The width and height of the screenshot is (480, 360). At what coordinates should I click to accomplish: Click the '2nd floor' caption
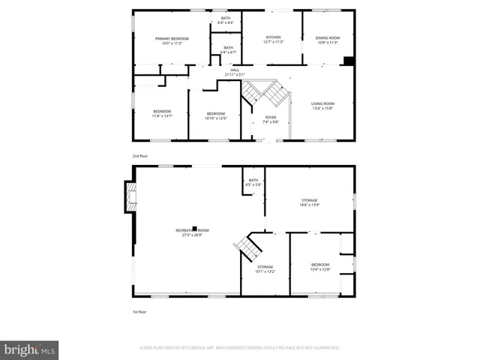(140, 156)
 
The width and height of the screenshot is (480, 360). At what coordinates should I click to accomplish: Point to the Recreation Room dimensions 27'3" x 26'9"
(193, 235)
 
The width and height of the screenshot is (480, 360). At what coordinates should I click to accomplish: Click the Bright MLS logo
(30, 349)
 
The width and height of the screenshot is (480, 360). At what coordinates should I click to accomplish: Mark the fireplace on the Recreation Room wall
(130, 197)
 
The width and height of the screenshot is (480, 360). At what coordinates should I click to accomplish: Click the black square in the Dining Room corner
(347, 61)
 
